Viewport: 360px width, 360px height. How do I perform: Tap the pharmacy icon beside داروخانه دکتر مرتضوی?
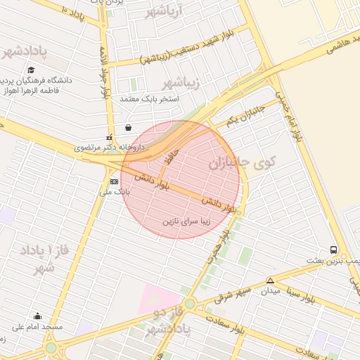coord(109,138)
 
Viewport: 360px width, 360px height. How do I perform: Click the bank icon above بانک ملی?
coord(114,181)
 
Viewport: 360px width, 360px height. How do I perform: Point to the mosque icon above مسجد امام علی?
coord(37,316)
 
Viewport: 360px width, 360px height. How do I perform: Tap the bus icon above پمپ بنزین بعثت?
coord(333,250)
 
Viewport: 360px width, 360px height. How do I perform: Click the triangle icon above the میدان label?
coord(270,281)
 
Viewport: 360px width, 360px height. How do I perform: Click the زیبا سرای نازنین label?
coord(186,221)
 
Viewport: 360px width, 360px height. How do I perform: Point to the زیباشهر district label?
coord(181,84)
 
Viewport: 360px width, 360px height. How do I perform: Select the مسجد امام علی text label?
coord(37,328)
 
